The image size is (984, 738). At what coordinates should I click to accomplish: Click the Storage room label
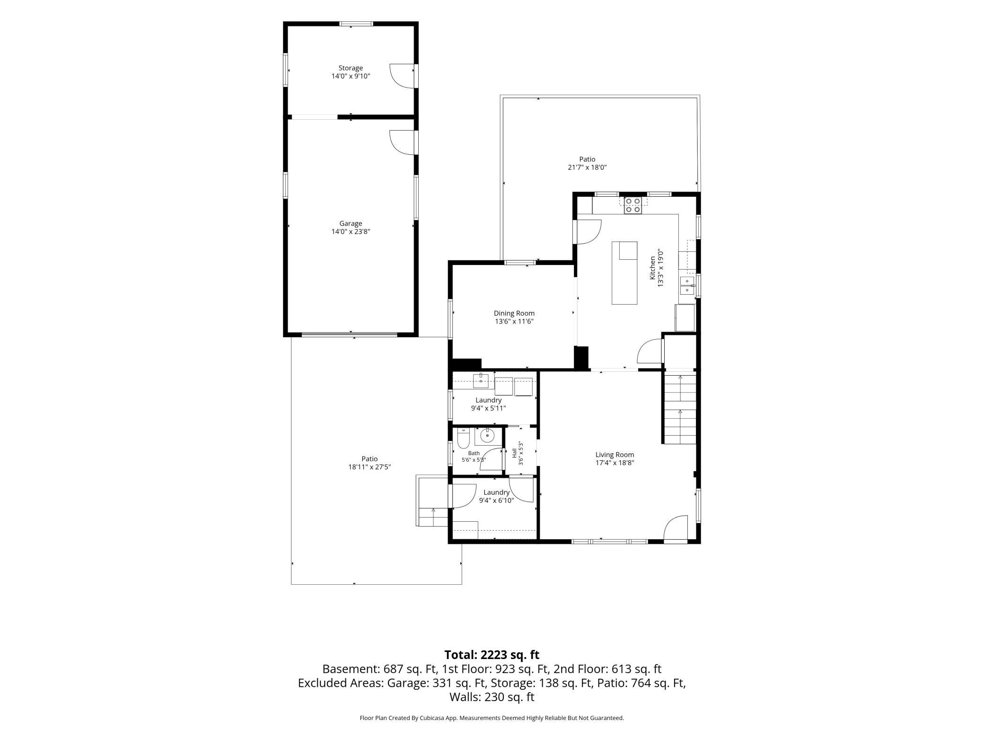(x=351, y=68)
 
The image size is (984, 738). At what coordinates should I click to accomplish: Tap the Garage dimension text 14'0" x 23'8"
(x=351, y=231)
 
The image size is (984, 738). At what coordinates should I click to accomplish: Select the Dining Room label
(x=514, y=313)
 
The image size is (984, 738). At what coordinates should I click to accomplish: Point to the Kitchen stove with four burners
(x=633, y=205)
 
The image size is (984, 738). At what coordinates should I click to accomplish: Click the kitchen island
(x=624, y=272)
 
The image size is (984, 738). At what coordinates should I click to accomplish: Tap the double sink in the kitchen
(x=687, y=285)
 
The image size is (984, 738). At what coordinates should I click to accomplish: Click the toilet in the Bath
(x=463, y=438)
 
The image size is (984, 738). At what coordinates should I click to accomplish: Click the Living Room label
(x=615, y=455)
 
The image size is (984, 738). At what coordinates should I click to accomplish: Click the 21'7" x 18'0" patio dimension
(x=587, y=167)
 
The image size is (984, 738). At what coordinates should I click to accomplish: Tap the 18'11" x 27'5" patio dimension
(x=369, y=467)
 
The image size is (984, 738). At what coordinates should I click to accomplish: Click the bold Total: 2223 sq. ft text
(x=492, y=655)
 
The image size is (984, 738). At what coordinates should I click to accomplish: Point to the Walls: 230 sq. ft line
(x=492, y=697)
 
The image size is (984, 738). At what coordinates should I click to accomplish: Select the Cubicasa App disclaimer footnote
(x=492, y=718)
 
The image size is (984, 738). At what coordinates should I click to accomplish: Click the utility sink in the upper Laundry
(x=481, y=380)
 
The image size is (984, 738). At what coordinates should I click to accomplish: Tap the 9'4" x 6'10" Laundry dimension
(x=496, y=500)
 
